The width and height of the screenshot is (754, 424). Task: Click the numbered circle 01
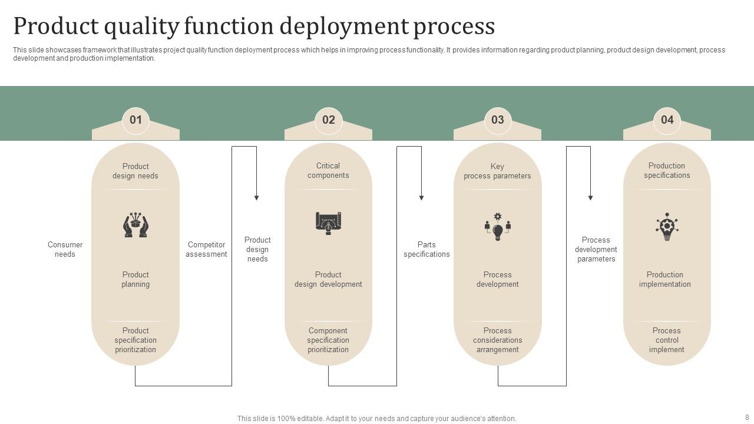[x=135, y=120]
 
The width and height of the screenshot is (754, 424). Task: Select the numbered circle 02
[x=328, y=120]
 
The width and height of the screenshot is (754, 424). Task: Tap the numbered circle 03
[x=497, y=120]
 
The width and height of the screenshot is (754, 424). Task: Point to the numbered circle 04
[x=667, y=120]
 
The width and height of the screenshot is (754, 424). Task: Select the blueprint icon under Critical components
[x=328, y=223]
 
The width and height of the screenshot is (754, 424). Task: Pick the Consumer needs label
[x=65, y=250]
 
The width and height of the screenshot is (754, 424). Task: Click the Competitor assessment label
[x=206, y=250]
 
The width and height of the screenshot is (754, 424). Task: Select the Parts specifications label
[x=426, y=250]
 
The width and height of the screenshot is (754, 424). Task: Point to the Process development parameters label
[x=596, y=250]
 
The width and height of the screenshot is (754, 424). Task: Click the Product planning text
[x=135, y=280]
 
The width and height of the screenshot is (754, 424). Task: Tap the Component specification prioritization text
[x=328, y=340]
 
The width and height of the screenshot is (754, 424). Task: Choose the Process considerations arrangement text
[x=497, y=340]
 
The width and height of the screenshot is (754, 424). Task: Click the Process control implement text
[x=667, y=340]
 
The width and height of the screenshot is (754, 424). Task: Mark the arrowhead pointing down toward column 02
[x=256, y=198]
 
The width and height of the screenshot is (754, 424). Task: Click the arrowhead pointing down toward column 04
[x=590, y=198]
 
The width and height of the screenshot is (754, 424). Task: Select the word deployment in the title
[x=343, y=26]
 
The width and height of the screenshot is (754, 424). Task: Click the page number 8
[x=747, y=418]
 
